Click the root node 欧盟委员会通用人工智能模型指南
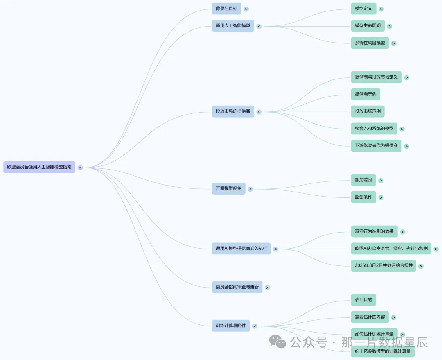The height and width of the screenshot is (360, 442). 39,167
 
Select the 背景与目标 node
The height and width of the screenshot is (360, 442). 226,9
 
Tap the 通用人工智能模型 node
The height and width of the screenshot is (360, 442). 233,26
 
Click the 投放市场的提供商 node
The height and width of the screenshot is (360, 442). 233,111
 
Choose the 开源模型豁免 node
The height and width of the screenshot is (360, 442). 229,188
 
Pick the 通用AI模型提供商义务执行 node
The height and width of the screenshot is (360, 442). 241,249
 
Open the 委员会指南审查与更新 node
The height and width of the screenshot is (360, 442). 237,287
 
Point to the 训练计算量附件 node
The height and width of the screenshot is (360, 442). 230,326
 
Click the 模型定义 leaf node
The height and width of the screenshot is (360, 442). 363,9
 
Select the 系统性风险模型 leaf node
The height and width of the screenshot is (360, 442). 370,43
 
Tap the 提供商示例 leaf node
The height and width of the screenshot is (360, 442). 365,94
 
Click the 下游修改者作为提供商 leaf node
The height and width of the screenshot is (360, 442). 377,145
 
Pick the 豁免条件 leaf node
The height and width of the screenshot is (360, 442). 363,197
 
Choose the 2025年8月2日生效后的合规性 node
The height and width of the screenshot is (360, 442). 383,266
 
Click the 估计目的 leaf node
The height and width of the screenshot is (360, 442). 364,300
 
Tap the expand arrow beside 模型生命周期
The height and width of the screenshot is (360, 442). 390,26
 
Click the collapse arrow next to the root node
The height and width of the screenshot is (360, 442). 80,168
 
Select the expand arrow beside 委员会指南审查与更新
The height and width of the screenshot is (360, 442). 267,288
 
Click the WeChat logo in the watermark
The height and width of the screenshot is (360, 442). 277,342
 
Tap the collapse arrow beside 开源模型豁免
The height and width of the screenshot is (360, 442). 250,189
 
